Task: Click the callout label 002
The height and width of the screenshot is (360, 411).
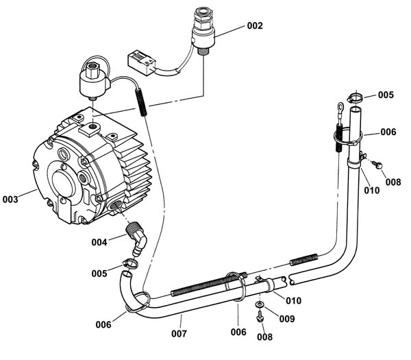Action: click(255, 26)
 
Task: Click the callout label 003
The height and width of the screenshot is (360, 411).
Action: click(10, 200)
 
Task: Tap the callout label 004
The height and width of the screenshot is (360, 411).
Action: click(99, 242)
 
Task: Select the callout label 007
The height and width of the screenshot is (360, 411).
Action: click(179, 334)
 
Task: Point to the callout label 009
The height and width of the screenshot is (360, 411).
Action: click(287, 319)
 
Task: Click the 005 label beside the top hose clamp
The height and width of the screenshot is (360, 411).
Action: click(386, 95)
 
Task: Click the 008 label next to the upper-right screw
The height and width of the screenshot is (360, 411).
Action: click(393, 182)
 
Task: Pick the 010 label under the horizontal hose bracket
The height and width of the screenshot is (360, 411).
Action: click(294, 301)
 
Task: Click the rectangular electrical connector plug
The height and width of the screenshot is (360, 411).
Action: click(142, 63)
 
